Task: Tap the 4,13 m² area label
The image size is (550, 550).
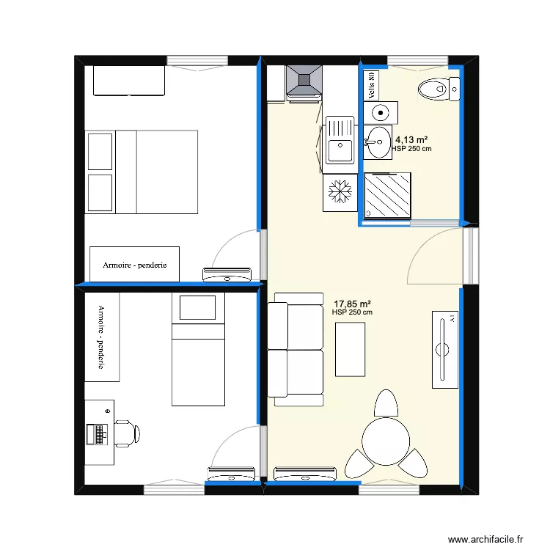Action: (411, 139)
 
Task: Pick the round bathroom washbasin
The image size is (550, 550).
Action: (378, 141)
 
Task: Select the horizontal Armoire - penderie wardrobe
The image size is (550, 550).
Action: (134, 264)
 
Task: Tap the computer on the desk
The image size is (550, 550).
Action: (97, 434)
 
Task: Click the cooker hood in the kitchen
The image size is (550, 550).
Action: (304, 81)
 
